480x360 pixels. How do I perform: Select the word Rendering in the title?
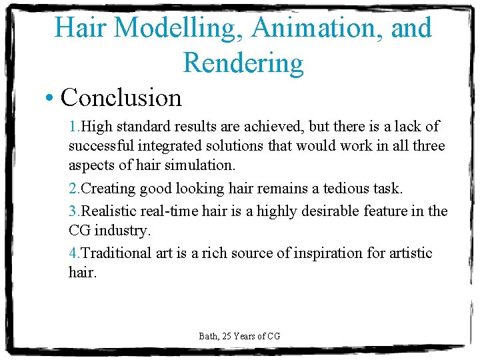pos(243,63)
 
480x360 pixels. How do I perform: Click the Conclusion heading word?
pos(121,98)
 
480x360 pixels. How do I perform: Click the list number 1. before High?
pos(75,127)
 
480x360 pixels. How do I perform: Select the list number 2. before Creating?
pos(75,189)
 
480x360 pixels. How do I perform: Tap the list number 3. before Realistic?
pos(75,211)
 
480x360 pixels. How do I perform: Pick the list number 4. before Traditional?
pos(75,253)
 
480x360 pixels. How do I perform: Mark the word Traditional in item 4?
pos(117,253)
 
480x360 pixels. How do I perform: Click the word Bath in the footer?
pos(208,336)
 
